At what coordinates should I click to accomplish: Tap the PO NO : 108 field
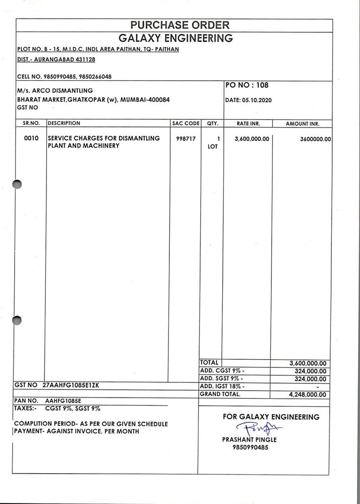click(x=248, y=85)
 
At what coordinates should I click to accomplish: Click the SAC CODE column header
click(x=185, y=123)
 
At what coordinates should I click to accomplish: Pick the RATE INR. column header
click(x=248, y=123)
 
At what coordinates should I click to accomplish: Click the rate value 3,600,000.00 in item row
click(x=252, y=139)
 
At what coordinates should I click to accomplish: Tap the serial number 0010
click(x=31, y=138)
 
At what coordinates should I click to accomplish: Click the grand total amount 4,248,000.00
click(x=308, y=395)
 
